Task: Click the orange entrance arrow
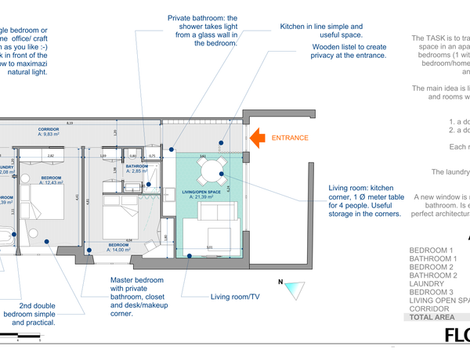click(x=255, y=138)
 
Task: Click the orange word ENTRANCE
click(x=290, y=139)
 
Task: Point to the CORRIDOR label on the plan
click(x=49, y=130)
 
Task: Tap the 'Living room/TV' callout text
click(x=235, y=297)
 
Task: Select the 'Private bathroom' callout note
click(x=202, y=31)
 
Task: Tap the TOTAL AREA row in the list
click(x=432, y=318)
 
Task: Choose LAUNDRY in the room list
click(x=428, y=283)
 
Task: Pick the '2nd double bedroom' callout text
click(x=49, y=314)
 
